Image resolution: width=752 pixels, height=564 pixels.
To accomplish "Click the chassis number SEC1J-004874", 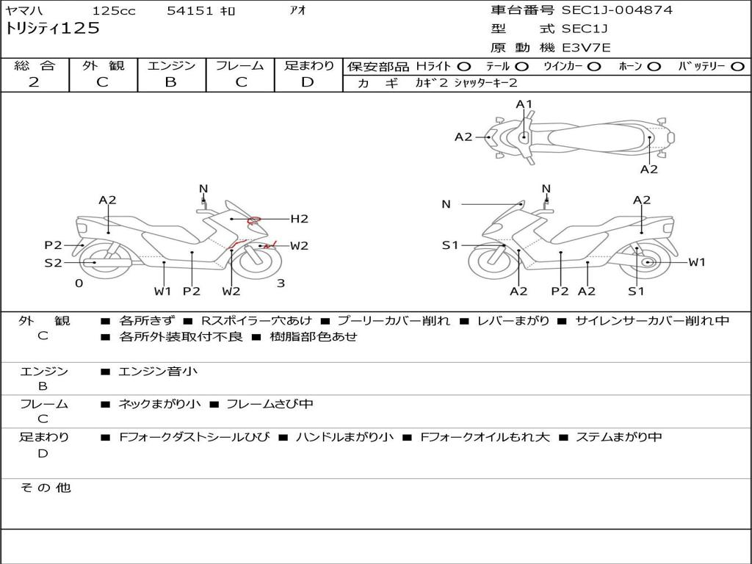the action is pos(617,10).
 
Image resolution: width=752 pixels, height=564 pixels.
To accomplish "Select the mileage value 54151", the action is pos(190,11).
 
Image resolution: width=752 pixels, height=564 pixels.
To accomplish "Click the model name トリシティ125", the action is pos(52,29).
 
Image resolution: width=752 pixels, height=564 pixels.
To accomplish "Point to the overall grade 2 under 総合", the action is pos(34,82).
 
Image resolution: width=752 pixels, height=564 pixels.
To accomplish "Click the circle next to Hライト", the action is pos(463,67).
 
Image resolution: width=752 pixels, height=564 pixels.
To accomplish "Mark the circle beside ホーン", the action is pos(654,67).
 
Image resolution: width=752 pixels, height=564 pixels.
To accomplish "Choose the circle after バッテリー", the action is pos(737,67).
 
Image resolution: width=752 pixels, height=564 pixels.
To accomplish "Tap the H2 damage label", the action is pos(299,219).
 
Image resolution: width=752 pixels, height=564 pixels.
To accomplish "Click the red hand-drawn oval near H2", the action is pos(254,219).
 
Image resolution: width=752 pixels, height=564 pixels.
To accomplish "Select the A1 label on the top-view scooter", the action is pos(524,104).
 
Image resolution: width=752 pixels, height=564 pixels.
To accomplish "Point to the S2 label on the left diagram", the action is pos(53,263).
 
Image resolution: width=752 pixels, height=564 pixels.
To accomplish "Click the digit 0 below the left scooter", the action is pos(79,283).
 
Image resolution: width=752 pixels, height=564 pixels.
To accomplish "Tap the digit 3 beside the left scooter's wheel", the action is pos(281,283).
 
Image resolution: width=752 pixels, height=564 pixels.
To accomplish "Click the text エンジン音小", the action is pos(158,372).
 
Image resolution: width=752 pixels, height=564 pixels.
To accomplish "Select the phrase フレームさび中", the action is pos(270,404).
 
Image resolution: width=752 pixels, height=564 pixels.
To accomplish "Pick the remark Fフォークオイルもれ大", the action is pos(485,437).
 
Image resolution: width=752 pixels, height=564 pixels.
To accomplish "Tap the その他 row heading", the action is pos(45,488).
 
